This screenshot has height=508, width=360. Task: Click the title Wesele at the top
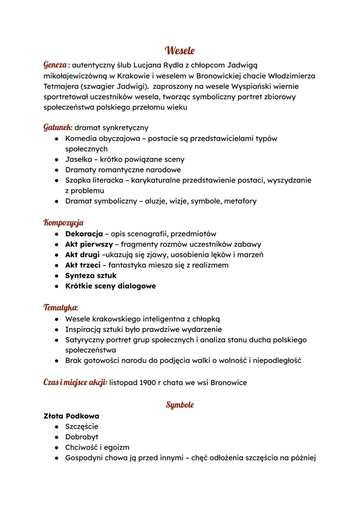pyautogui.click(x=180, y=51)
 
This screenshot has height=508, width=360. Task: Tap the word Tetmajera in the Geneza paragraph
pyautogui.click(x=59, y=86)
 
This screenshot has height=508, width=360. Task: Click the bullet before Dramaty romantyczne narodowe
pyautogui.click(x=57, y=170)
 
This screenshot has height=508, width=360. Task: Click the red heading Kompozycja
pyautogui.click(x=63, y=223)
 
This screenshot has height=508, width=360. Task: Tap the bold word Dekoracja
pyautogui.click(x=84, y=234)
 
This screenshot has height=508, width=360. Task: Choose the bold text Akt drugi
pyautogui.click(x=82, y=254)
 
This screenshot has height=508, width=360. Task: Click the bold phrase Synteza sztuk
pyautogui.click(x=91, y=275)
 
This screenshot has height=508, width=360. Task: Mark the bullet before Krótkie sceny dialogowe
pyautogui.click(x=57, y=286)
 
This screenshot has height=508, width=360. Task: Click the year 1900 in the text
pyautogui.click(x=148, y=382)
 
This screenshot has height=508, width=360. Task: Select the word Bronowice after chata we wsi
pyautogui.click(x=229, y=382)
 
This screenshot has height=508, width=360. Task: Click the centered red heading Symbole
pyautogui.click(x=180, y=405)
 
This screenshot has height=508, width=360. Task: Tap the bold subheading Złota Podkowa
pyautogui.click(x=71, y=416)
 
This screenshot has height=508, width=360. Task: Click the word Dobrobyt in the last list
pyautogui.click(x=82, y=437)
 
